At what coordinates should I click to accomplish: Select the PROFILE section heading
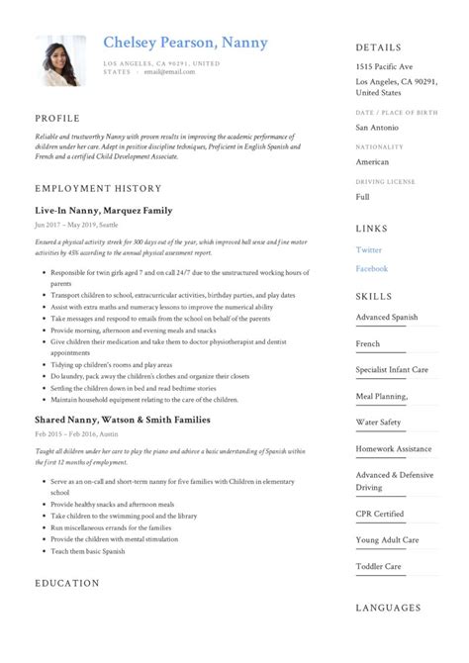[57, 118]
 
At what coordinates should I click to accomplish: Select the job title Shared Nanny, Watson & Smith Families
[122, 420]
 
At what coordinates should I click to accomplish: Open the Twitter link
[369, 250]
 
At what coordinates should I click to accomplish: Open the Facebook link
[372, 268]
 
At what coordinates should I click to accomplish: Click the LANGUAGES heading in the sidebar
[388, 607]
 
